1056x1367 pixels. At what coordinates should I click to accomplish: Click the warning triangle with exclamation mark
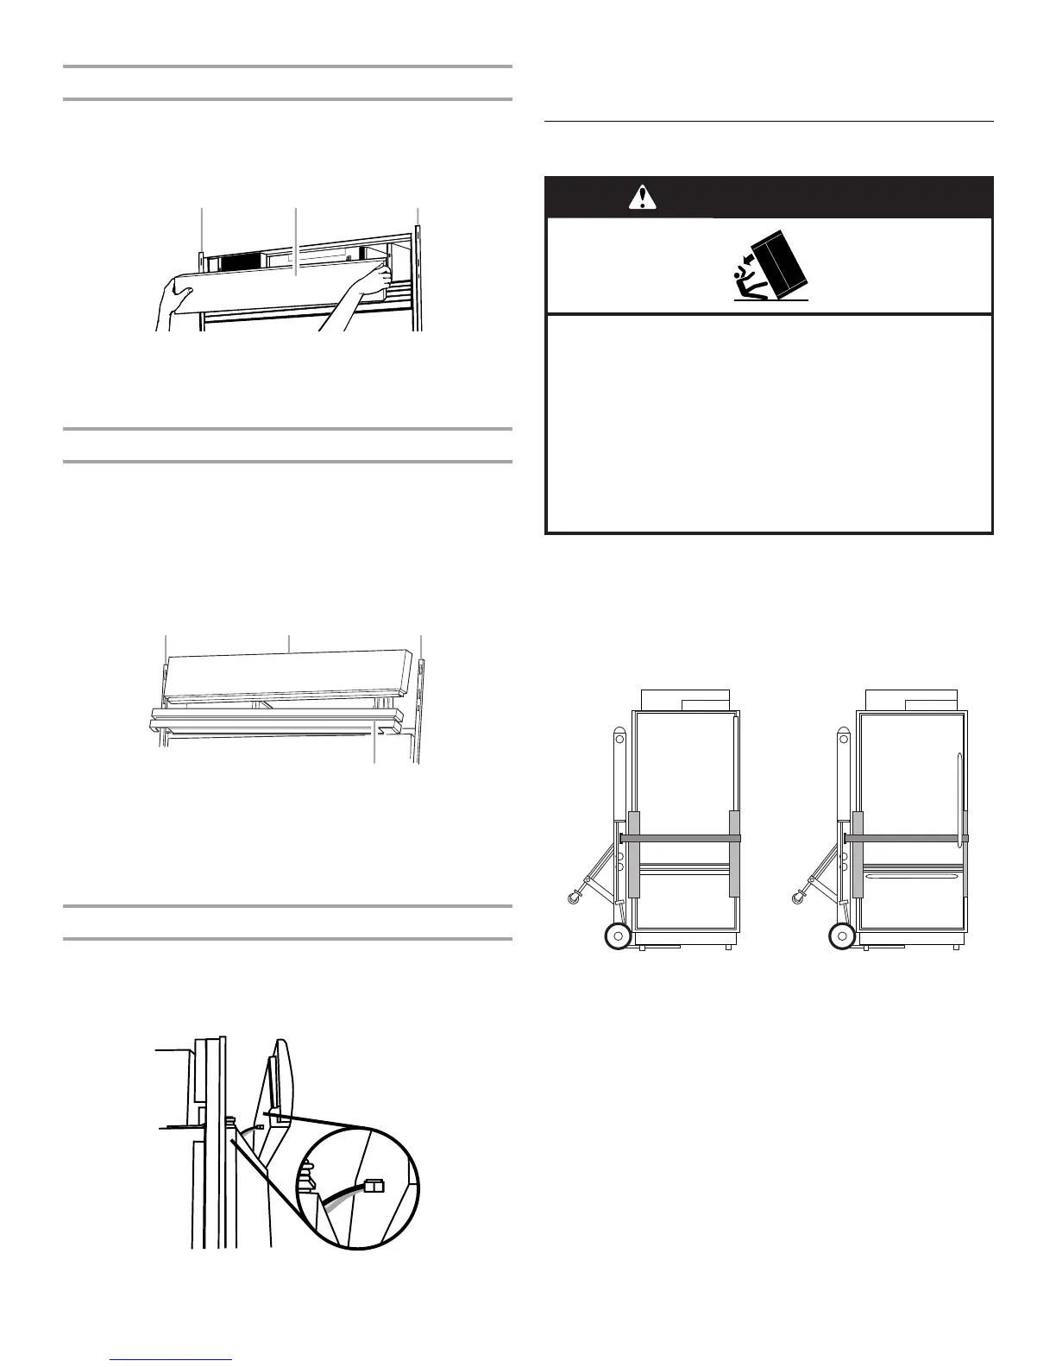[x=640, y=198]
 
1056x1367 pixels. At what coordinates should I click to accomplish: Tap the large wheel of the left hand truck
[x=617, y=936]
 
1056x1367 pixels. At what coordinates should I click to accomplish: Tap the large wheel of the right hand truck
[x=841, y=936]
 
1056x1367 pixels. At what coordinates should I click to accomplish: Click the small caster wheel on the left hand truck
[x=572, y=900]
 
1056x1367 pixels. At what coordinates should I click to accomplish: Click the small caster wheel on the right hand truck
[x=796, y=900]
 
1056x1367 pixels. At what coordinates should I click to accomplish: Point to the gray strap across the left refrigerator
[x=681, y=838]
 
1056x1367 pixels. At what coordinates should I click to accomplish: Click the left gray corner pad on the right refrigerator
[x=858, y=854]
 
